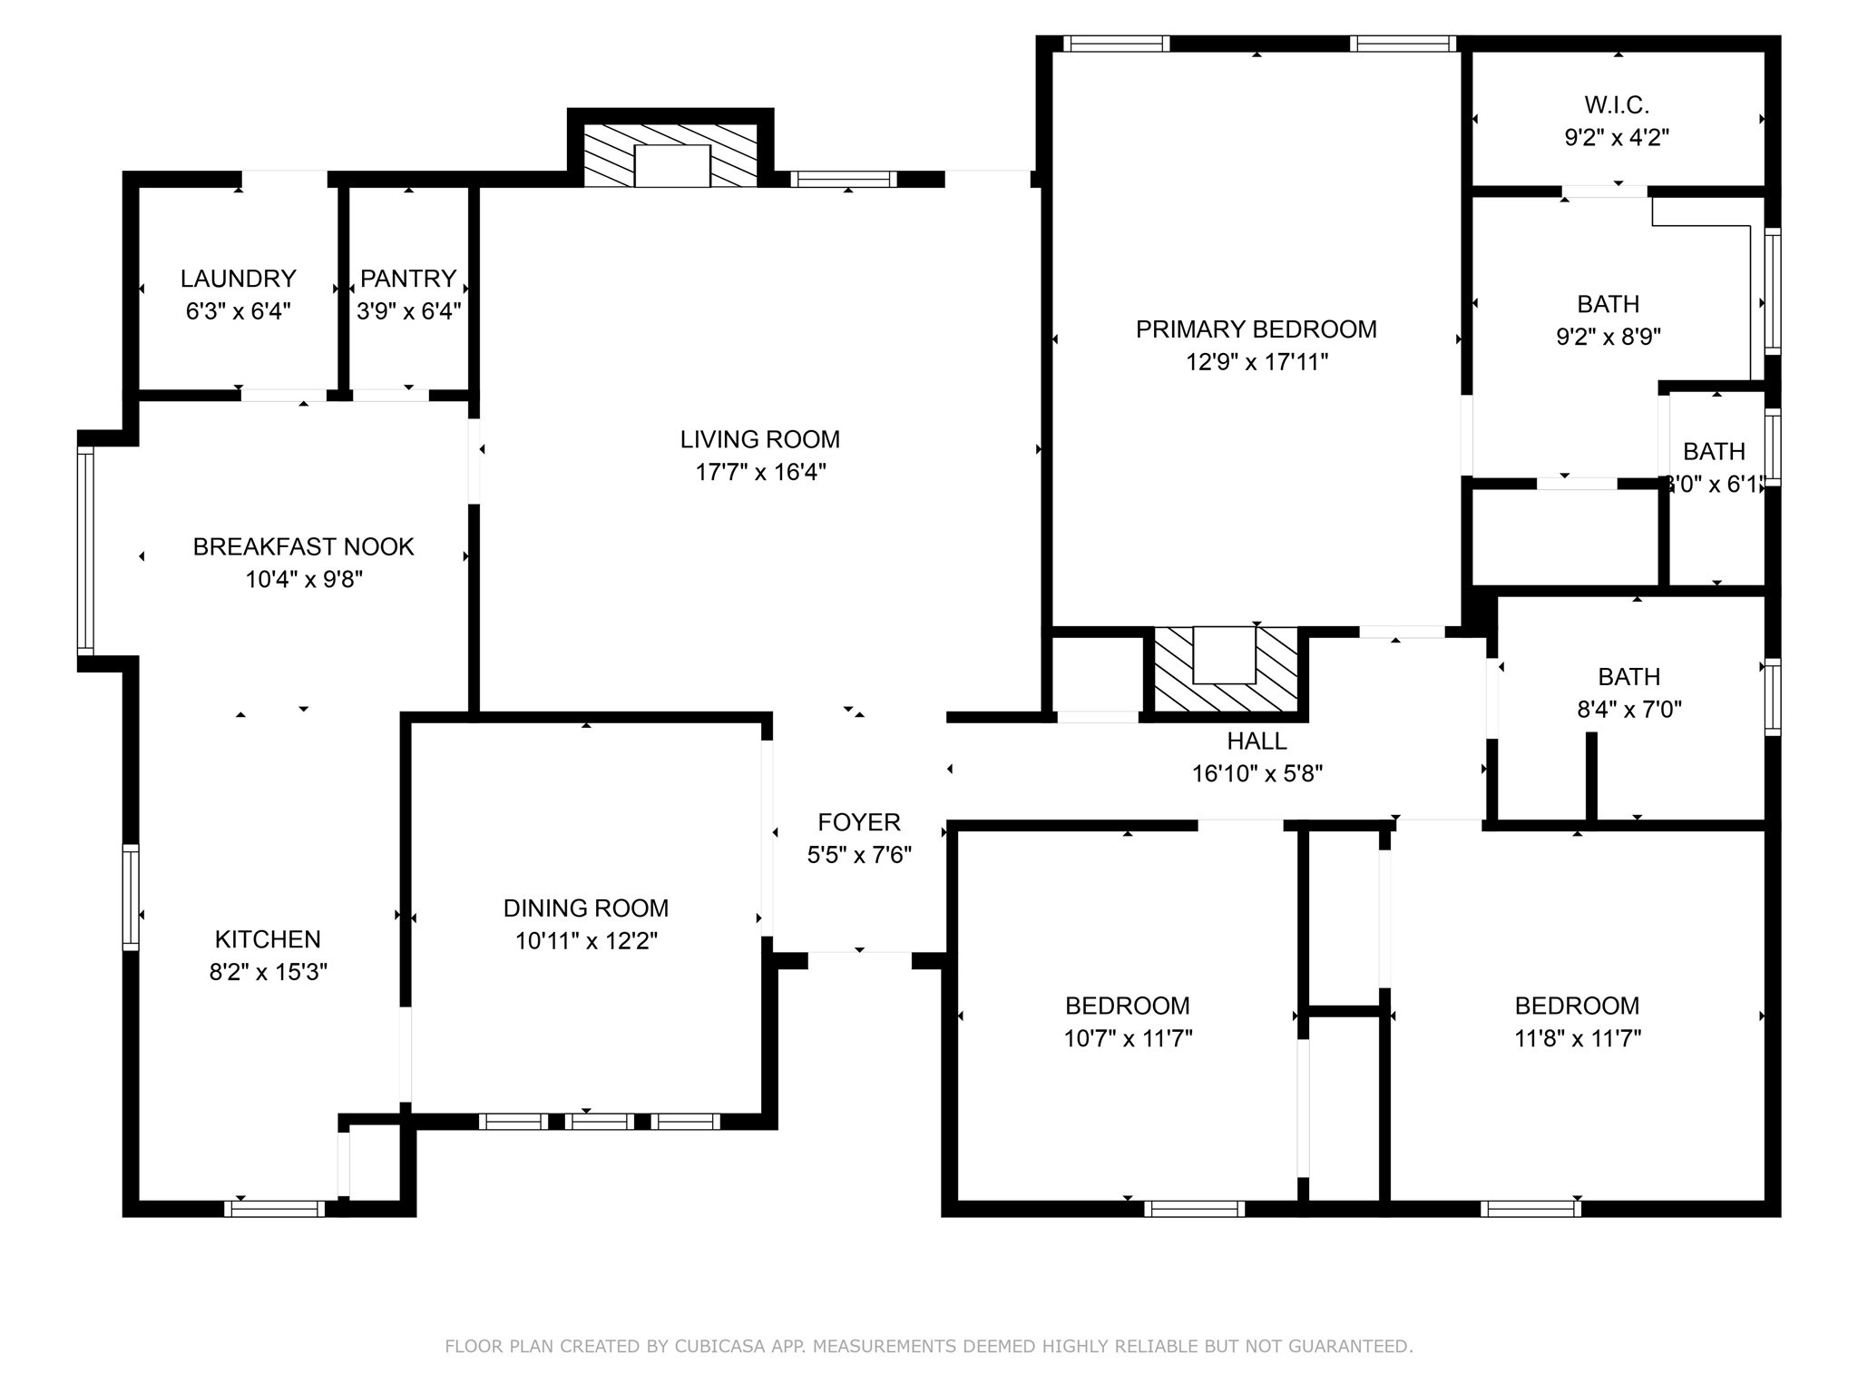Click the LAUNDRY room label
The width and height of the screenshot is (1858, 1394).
click(x=238, y=278)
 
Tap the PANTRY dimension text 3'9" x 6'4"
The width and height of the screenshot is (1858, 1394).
click(x=408, y=311)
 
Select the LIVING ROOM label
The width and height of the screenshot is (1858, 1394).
click(x=760, y=439)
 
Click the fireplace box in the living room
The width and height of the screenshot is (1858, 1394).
click(x=671, y=165)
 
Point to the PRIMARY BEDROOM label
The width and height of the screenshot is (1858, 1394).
click(x=1257, y=329)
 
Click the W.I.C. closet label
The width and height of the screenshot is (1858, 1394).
click(x=1617, y=105)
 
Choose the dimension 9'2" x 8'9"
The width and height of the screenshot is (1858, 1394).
click(x=1609, y=337)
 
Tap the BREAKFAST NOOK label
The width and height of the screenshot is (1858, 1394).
click(x=304, y=546)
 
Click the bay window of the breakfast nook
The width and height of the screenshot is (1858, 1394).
click(x=85, y=551)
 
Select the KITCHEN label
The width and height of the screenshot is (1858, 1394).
click(x=268, y=939)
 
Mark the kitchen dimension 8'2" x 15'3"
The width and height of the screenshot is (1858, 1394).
click(x=268, y=972)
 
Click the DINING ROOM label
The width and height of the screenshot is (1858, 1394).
click(x=586, y=908)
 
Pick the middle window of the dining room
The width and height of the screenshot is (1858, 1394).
click(x=599, y=1122)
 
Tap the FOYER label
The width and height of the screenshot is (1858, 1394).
click(x=859, y=822)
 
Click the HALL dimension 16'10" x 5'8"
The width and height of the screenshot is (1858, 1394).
click(x=1257, y=773)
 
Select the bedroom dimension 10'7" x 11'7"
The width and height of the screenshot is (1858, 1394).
click(x=1128, y=1038)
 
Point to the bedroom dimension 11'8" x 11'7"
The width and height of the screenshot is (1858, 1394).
click(x=1578, y=1038)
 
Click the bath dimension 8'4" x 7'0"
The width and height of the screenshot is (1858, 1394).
click(x=1629, y=710)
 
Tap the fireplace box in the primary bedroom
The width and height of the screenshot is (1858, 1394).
click(x=1225, y=655)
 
